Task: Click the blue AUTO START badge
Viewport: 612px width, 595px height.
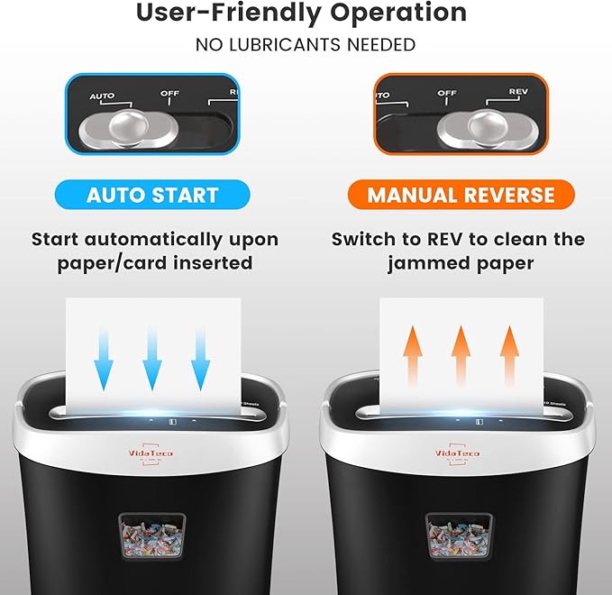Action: [x=152, y=195]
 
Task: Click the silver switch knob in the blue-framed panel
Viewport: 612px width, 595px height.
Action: [x=121, y=127]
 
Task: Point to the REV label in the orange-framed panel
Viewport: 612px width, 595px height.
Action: [x=517, y=92]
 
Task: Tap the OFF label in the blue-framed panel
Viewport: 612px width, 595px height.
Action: [x=169, y=92]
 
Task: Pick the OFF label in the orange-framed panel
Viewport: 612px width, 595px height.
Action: [x=447, y=92]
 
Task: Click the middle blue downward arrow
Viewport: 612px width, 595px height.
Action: [x=152, y=357]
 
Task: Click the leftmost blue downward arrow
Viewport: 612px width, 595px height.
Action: [x=105, y=357]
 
